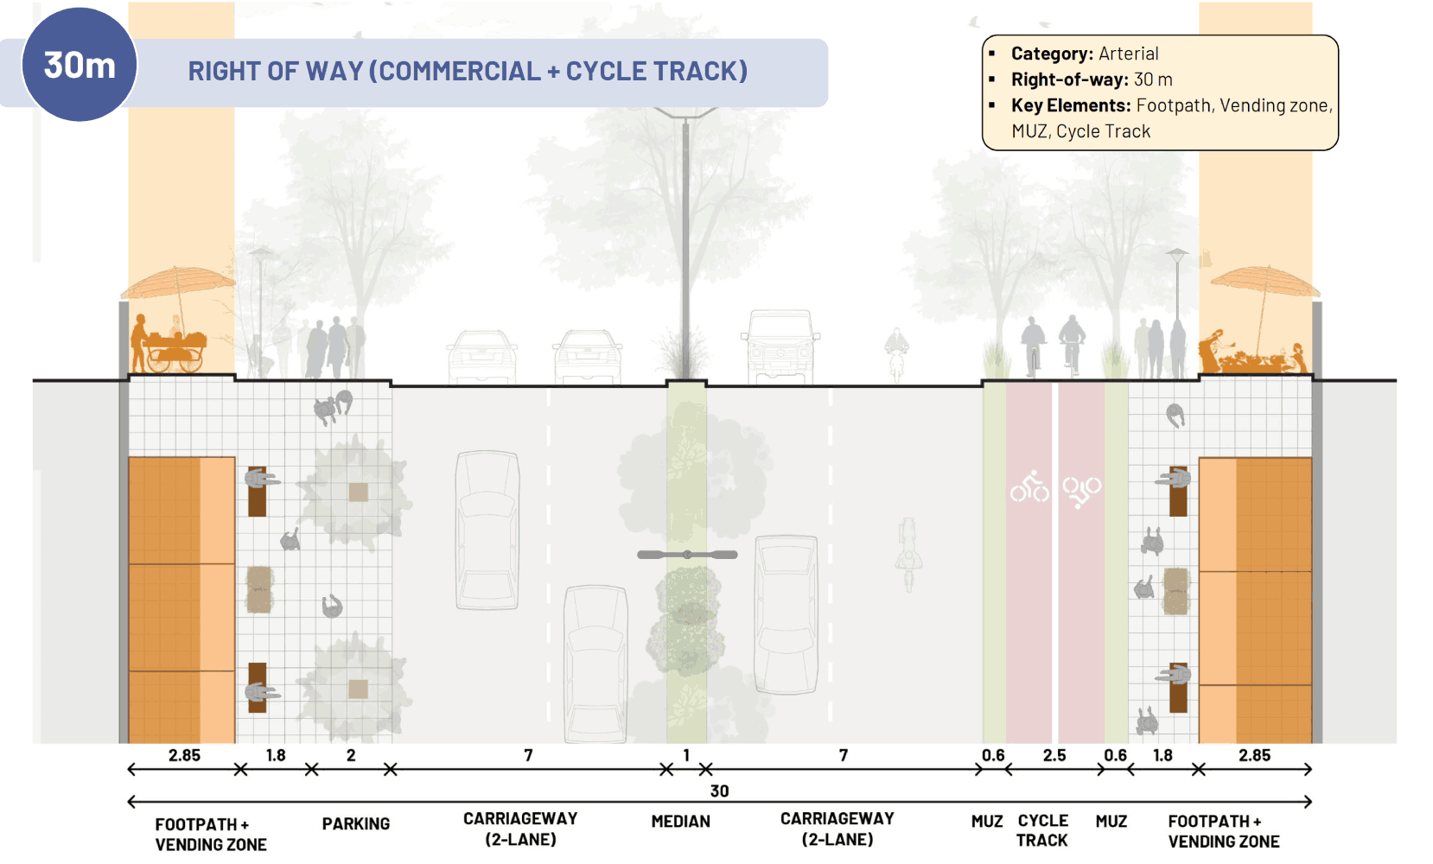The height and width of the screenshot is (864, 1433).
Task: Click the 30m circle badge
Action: coord(79,65)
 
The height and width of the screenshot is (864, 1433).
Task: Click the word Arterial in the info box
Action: coord(1128,54)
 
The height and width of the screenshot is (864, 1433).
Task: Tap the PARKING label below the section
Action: coord(355,824)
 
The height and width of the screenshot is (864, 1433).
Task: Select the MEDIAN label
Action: coord(680,822)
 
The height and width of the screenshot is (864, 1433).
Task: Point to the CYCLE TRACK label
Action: coord(1042,830)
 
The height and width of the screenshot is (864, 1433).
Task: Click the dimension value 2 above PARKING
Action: coord(351,755)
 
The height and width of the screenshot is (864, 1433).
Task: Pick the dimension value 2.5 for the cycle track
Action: coord(1054,755)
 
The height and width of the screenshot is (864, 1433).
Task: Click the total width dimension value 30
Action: coord(719,791)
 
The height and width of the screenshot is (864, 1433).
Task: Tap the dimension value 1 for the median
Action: coord(686,755)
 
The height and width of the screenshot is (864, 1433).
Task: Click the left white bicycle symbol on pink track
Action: coord(1029,488)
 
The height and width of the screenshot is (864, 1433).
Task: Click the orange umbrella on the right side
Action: coord(1264,281)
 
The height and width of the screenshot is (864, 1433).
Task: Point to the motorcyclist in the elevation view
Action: coord(896,353)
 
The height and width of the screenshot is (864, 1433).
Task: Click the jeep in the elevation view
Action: coord(780,346)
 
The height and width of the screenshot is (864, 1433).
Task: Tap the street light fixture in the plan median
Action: coord(687,555)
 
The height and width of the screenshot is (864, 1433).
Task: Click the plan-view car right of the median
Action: coord(786,613)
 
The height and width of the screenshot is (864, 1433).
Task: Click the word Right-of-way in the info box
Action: coord(1069,79)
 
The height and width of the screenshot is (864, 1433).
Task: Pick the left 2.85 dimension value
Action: coord(184,755)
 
